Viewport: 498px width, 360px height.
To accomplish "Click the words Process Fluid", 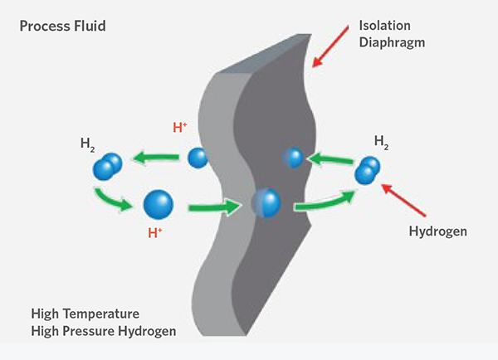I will click(x=63, y=27).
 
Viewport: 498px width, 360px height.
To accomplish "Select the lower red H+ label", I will click(x=154, y=233).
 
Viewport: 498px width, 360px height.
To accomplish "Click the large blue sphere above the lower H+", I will click(x=159, y=203).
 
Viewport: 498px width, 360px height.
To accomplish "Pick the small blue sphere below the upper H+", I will click(x=197, y=157).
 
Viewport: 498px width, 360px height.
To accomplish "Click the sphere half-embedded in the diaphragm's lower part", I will click(x=265, y=202).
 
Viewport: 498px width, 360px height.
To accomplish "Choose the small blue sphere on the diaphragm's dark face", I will click(x=291, y=156).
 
